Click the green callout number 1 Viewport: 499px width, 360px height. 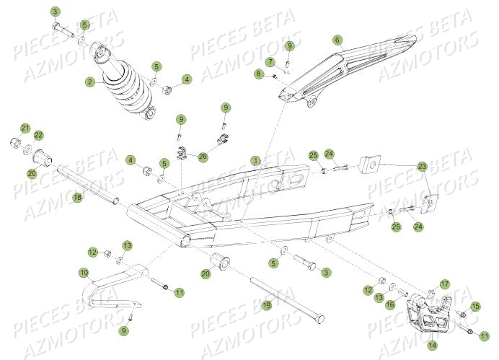click(255, 161)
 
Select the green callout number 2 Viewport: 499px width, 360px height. click(90, 82)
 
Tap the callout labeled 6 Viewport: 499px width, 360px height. click(337, 40)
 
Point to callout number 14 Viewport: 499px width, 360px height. click(433, 345)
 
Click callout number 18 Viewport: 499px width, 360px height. click(77, 198)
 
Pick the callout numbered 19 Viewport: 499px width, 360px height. click(267, 306)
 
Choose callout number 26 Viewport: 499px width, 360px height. click(203, 157)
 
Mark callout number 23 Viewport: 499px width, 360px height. click(423, 166)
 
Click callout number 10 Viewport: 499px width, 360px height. click(84, 273)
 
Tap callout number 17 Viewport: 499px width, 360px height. click(444, 284)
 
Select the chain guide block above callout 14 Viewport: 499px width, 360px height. click(430, 313)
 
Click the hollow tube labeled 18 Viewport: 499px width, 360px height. click(88, 185)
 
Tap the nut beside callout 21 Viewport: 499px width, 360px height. click(16, 141)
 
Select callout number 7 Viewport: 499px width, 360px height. click(270, 62)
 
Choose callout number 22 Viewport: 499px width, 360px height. click(38, 136)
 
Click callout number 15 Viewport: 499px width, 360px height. click(475, 306)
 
